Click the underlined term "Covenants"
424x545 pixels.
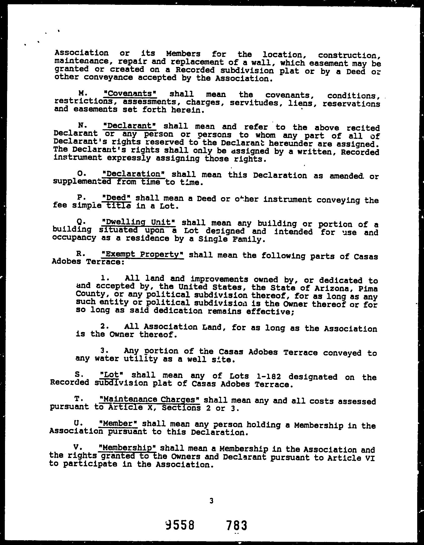(x=130, y=94)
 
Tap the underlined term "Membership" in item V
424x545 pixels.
(x=128, y=448)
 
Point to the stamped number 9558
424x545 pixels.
(x=180, y=525)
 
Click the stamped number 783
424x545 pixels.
(x=237, y=526)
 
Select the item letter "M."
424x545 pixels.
(x=83, y=93)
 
